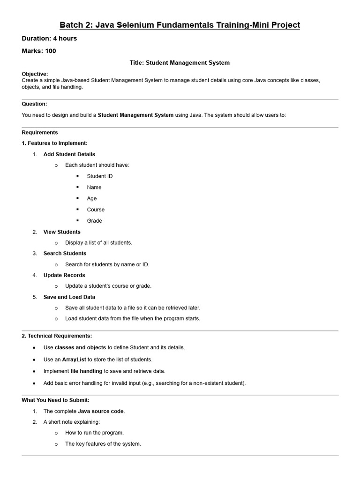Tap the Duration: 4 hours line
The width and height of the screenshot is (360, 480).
click(x=49, y=38)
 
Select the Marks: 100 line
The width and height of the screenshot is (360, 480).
click(x=39, y=51)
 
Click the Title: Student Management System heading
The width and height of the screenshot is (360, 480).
click(x=180, y=62)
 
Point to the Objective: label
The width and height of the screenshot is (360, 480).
click(x=35, y=74)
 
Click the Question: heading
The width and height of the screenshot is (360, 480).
click(x=34, y=104)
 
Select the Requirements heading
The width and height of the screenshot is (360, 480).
click(x=40, y=132)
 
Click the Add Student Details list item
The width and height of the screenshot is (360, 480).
click(x=69, y=154)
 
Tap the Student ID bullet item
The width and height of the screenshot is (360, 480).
click(x=99, y=176)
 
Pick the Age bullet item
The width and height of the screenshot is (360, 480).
click(x=91, y=198)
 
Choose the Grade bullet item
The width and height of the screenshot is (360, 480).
click(x=94, y=221)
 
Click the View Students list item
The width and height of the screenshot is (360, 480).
click(x=62, y=232)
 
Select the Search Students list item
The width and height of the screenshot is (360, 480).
click(x=65, y=253)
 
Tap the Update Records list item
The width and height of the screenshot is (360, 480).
click(x=64, y=275)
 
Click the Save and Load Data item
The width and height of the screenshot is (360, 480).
click(x=69, y=297)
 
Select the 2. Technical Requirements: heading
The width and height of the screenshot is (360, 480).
click(x=57, y=336)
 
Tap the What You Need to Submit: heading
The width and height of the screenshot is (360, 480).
click(x=55, y=400)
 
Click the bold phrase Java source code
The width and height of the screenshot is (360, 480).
click(x=101, y=411)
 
